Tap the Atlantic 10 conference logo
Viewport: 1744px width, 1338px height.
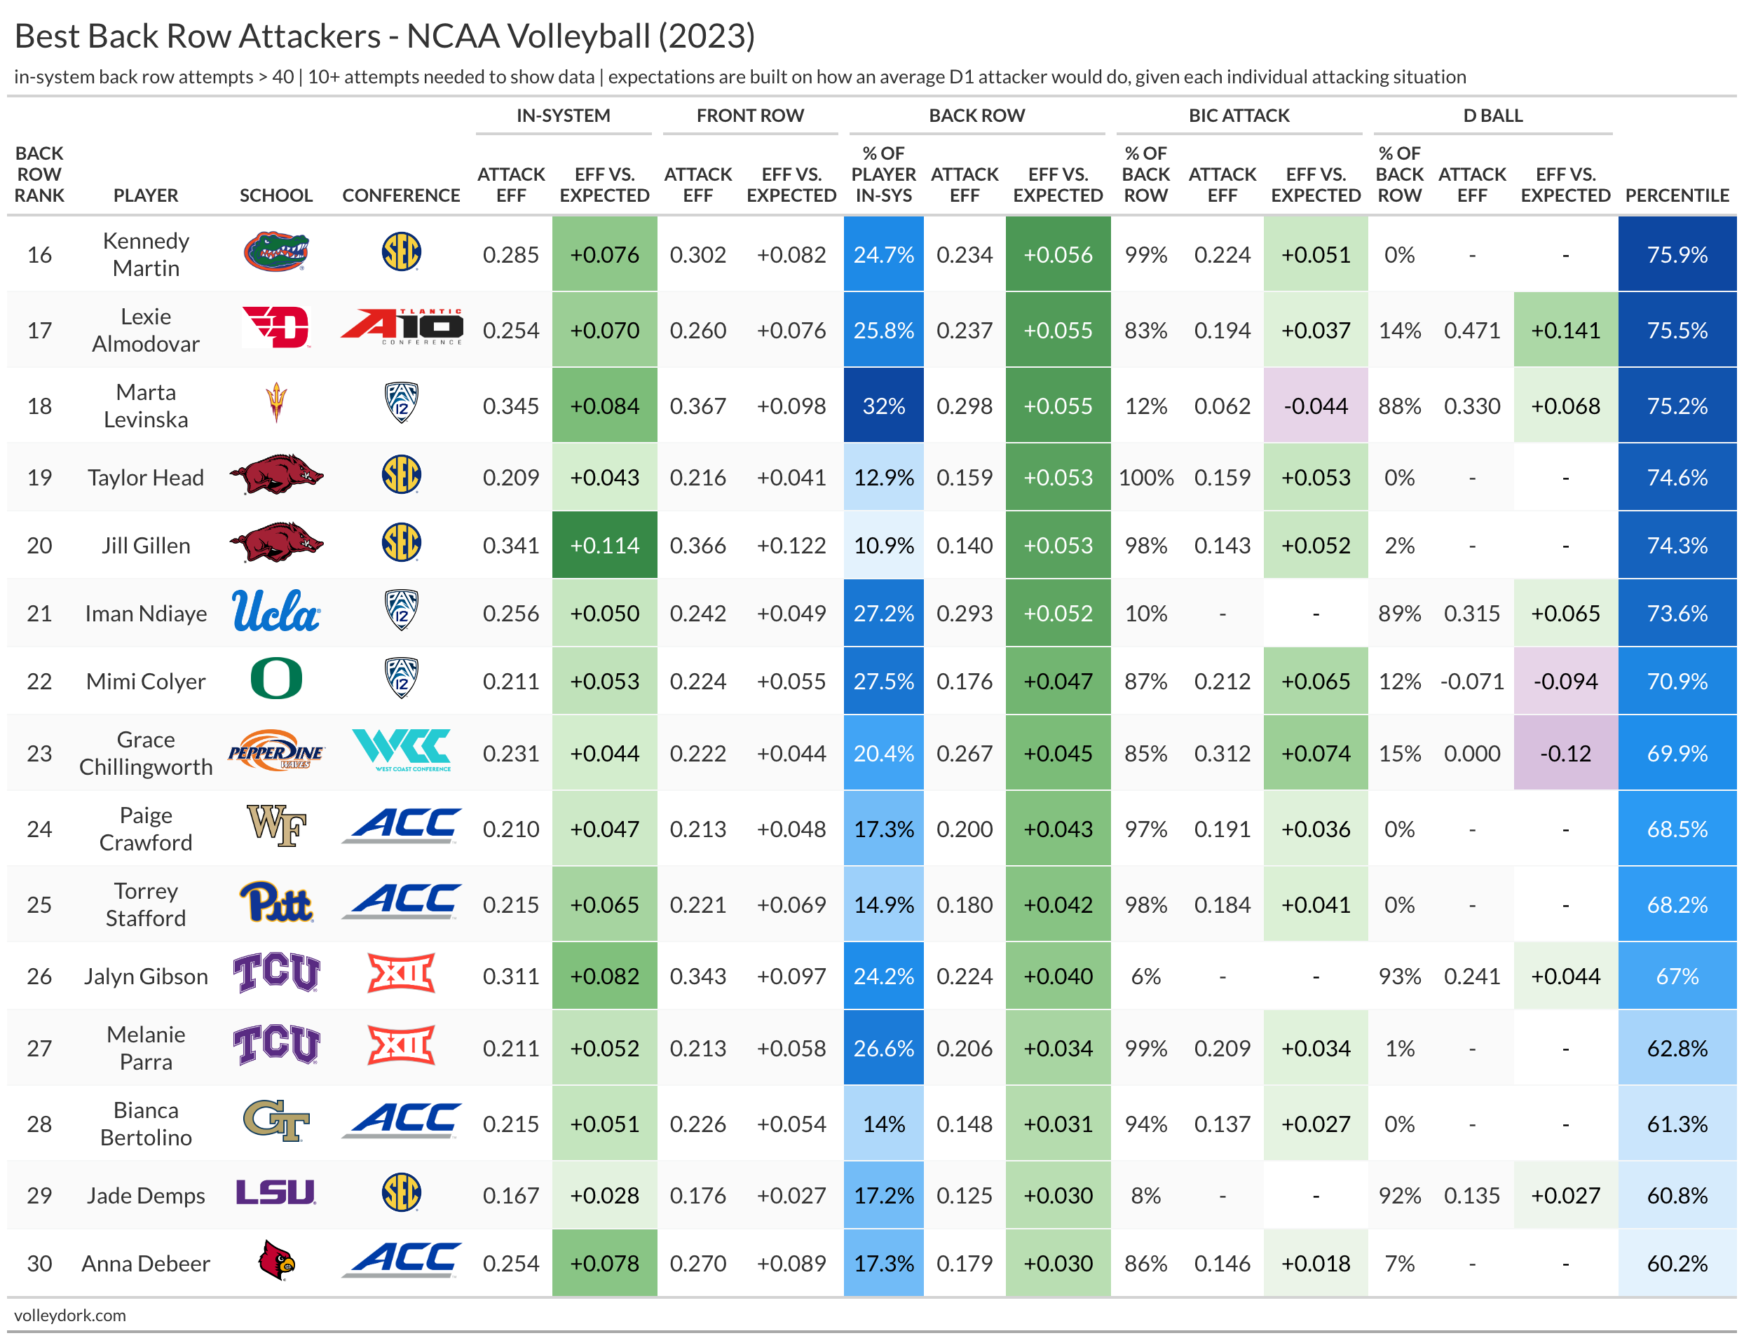401,327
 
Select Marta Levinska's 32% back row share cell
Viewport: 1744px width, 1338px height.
883,406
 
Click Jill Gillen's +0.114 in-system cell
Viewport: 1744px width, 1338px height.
604,545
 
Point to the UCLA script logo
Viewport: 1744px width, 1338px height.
275,612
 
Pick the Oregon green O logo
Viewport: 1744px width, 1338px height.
275,680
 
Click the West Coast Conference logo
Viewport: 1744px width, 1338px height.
401,750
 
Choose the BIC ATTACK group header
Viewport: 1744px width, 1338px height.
1238,116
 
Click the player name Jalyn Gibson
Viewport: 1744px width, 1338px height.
146,976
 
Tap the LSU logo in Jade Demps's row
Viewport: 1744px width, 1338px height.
275,1192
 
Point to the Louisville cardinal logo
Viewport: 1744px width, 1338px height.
275,1261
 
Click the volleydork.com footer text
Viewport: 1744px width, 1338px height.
70,1315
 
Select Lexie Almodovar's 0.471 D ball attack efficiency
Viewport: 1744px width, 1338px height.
1471,330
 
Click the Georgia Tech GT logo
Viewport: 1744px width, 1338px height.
275,1122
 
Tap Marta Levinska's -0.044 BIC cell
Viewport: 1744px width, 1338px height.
1316,406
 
